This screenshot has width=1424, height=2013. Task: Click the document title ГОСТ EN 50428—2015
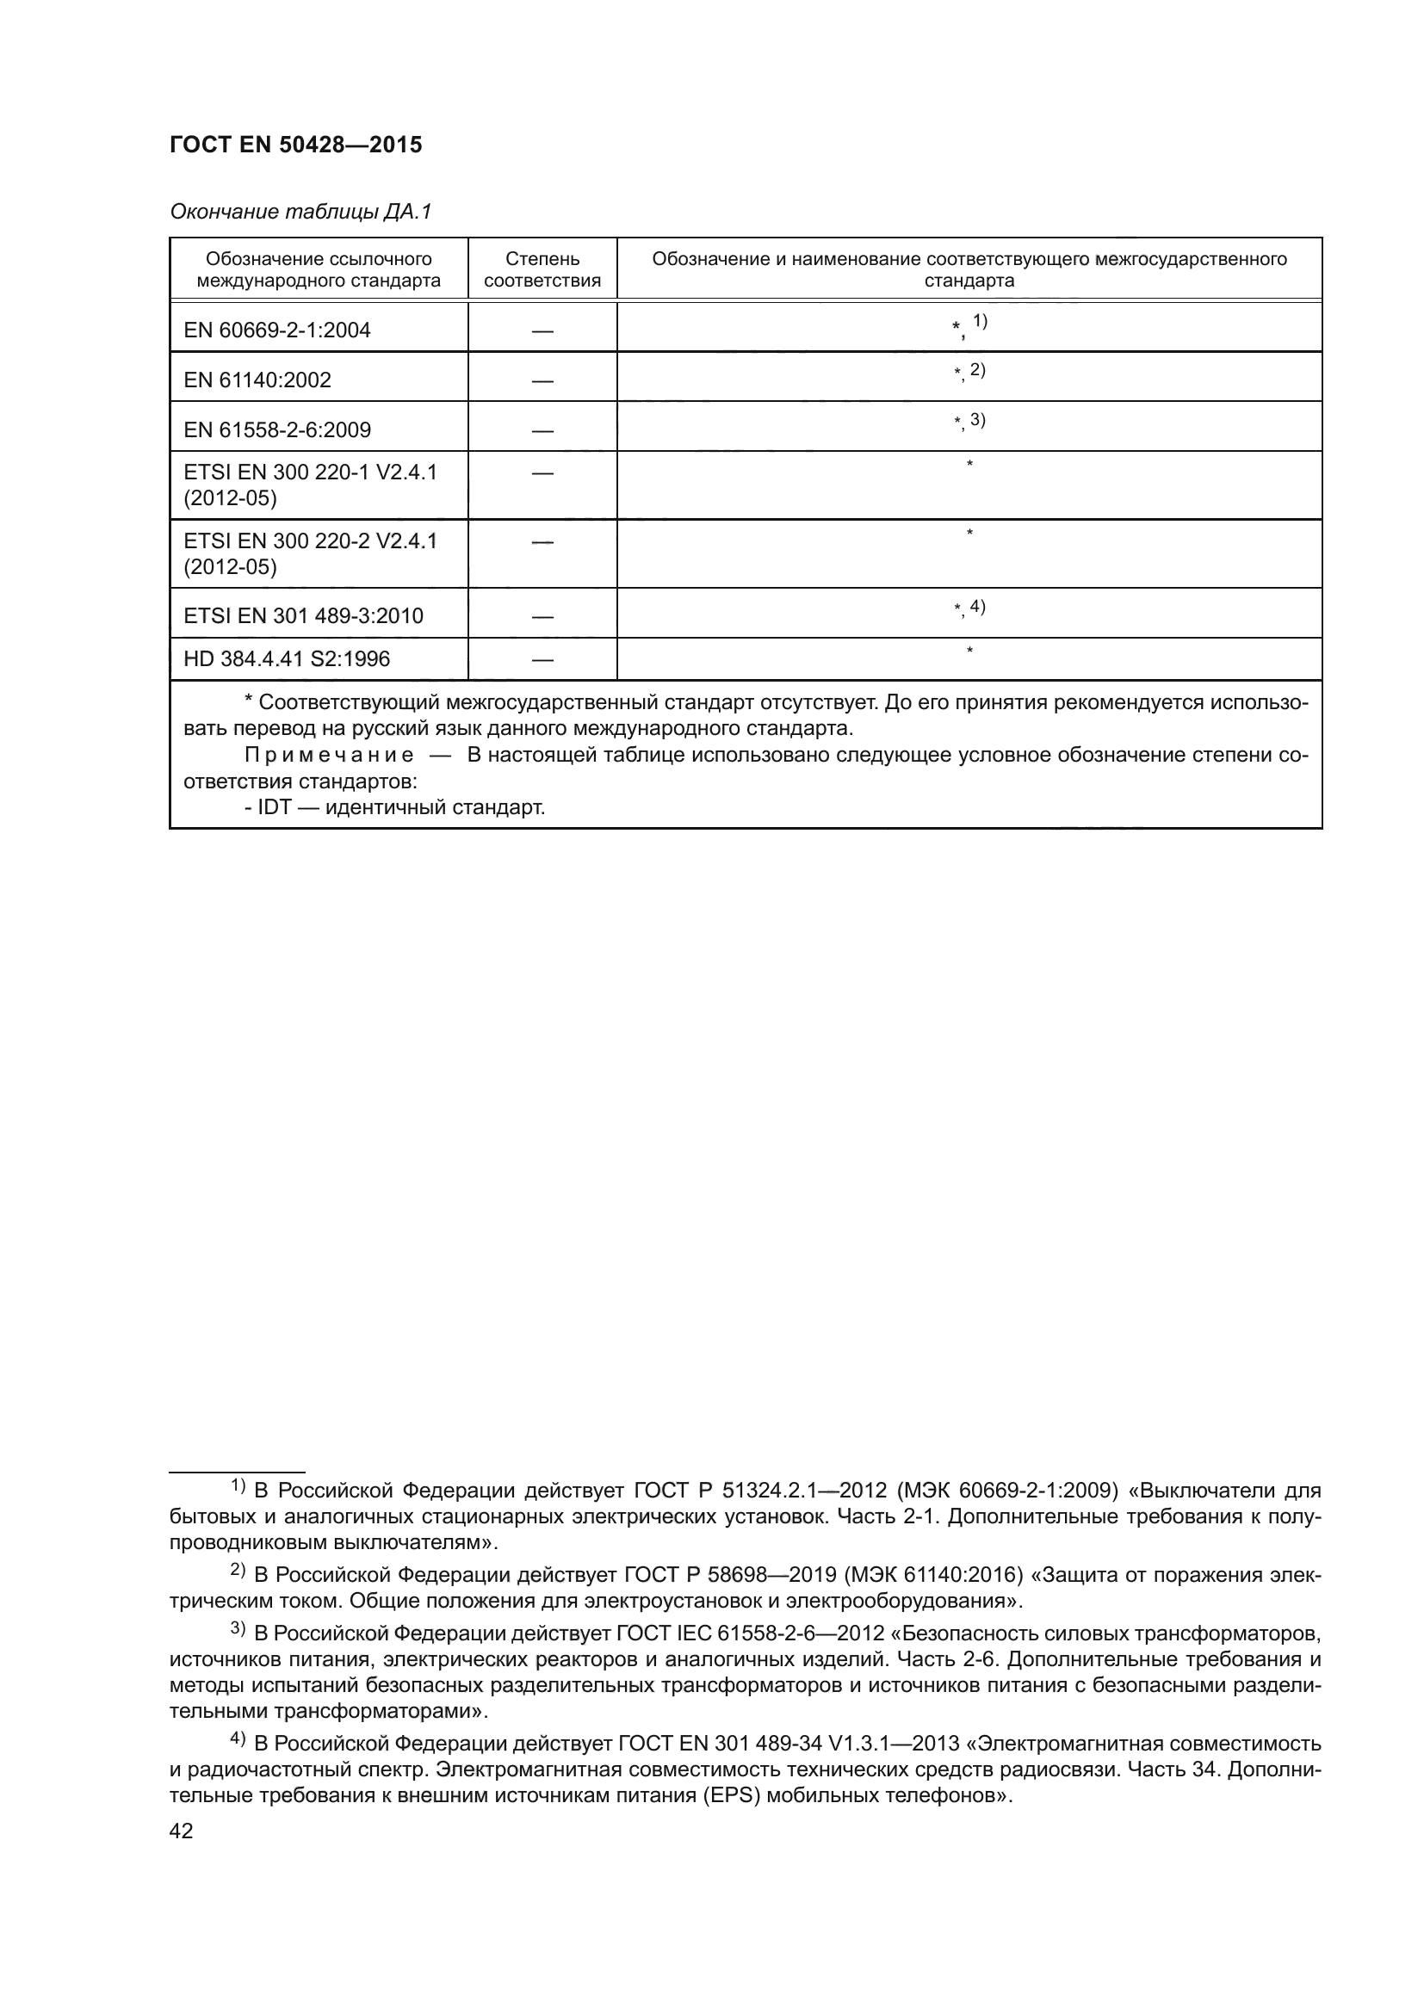coord(295,145)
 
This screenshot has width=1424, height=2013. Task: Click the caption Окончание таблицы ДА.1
coord(300,212)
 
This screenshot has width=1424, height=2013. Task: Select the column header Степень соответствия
coord(542,270)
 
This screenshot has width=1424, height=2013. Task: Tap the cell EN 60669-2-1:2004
coord(277,330)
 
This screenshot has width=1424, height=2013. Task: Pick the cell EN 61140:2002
coord(257,380)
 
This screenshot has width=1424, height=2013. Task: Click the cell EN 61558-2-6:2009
coord(277,430)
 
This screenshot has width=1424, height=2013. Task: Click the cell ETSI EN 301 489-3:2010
coord(303,616)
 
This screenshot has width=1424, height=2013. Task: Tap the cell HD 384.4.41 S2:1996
coord(287,659)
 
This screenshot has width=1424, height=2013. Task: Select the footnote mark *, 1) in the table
coord(969,325)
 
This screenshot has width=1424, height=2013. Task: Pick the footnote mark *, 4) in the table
coord(969,608)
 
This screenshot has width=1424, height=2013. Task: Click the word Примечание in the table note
coord(329,756)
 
